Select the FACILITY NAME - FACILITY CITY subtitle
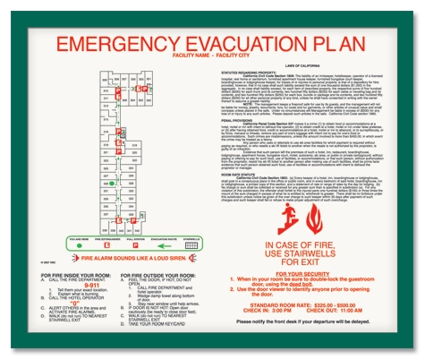click(x=212, y=58)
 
